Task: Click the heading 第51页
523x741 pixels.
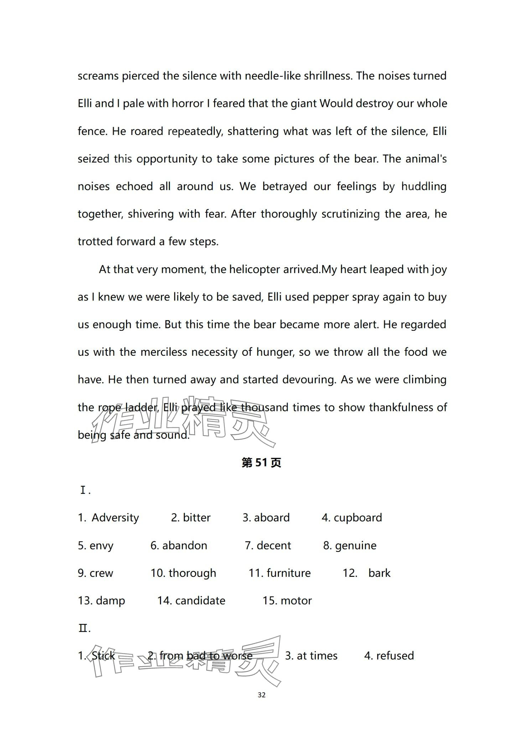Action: [261, 463]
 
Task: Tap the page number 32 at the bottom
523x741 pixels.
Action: [261, 695]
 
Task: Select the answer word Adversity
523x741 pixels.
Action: [115, 518]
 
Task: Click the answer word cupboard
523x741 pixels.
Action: [358, 518]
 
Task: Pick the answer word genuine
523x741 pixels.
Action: [356, 546]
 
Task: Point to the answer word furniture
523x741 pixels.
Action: [289, 573]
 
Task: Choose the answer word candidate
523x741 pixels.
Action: [200, 601]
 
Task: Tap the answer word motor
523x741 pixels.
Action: [296, 601]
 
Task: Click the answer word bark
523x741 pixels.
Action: [379, 573]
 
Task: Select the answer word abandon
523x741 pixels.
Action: [185, 546]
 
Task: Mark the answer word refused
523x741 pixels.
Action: [395, 656]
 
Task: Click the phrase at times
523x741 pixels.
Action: [317, 656]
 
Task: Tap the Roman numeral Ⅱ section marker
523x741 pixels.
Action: [84, 628]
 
